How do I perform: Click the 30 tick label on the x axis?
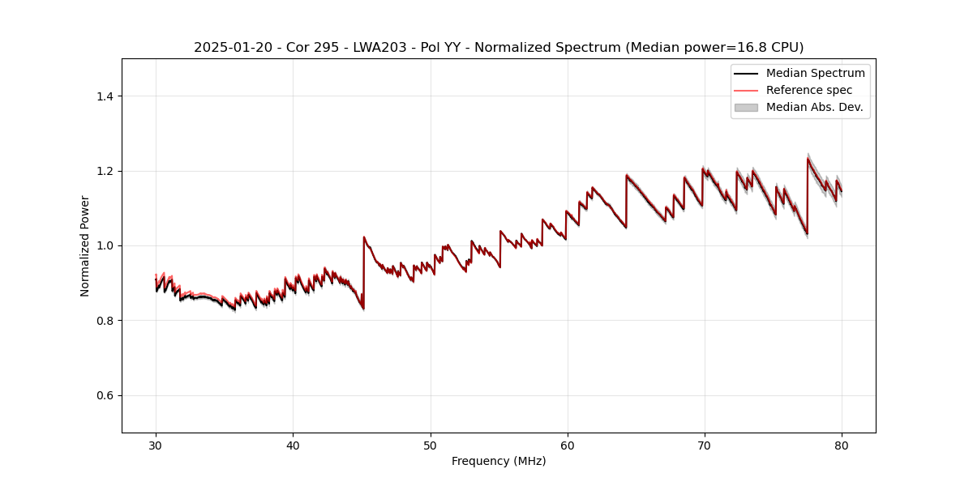click(156, 445)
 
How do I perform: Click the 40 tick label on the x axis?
click(293, 445)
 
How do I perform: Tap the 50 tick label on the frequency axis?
click(431, 445)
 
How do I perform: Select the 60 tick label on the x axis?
click(568, 445)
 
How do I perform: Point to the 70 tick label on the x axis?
click(705, 445)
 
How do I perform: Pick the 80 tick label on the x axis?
click(842, 445)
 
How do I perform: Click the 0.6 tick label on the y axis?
click(105, 395)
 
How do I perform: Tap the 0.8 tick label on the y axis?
click(105, 321)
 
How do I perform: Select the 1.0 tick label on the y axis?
click(105, 245)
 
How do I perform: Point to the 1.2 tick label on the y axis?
click(105, 171)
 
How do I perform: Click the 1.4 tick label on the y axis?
click(105, 96)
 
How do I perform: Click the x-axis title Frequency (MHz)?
click(499, 461)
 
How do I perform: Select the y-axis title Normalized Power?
click(85, 245)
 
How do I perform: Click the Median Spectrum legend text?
click(815, 73)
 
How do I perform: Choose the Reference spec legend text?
click(809, 90)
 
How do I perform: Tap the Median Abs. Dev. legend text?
click(814, 107)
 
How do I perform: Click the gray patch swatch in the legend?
click(746, 107)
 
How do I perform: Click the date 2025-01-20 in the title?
click(229, 48)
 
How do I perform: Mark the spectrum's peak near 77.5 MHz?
click(808, 158)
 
